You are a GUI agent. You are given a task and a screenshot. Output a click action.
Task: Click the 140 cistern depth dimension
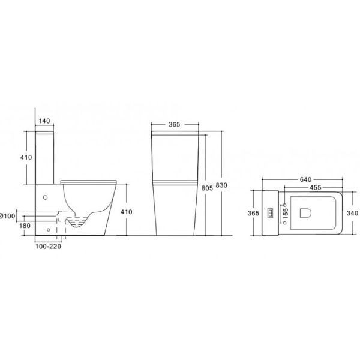point(44,121)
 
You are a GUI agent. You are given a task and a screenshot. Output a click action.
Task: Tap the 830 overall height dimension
point(221,185)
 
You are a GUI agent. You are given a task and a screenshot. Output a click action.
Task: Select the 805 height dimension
point(207,188)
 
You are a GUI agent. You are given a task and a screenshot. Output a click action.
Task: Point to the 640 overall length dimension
point(306,179)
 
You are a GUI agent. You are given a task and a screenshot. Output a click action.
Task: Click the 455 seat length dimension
point(316,188)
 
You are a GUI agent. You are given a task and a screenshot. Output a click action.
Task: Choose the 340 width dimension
point(352,213)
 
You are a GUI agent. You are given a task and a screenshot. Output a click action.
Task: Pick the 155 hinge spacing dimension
point(286,214)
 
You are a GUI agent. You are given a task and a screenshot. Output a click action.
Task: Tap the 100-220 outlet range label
point(48,247)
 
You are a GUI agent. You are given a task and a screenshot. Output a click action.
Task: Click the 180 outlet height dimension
point(25,226)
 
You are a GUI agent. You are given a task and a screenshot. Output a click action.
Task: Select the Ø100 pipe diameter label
point(8,216)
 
